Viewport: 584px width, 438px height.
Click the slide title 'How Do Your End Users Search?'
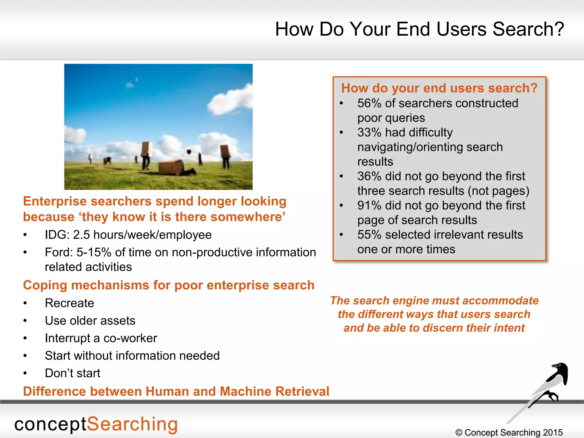[419, 29]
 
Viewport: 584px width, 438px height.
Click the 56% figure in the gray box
[369, 103]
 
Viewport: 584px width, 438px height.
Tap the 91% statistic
[369, 206]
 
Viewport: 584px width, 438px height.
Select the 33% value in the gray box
[369, 133]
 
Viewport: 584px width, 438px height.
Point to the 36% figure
[369, 176]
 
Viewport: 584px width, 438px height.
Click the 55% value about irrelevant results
[369, 235]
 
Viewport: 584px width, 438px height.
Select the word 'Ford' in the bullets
[59, 252]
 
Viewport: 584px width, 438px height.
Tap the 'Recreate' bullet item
[69, 303]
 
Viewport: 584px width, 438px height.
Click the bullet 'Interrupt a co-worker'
[101, 338]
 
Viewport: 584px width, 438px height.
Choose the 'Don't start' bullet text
[72, 373]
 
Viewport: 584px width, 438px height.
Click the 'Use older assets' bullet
[90, 321]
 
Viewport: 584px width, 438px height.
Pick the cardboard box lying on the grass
[171, 167]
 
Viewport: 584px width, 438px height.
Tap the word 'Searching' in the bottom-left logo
[132, 424]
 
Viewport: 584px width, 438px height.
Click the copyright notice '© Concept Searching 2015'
[509, 432]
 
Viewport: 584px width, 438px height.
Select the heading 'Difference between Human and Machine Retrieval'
[176, 391]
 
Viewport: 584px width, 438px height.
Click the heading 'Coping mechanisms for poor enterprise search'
[169, 285]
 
